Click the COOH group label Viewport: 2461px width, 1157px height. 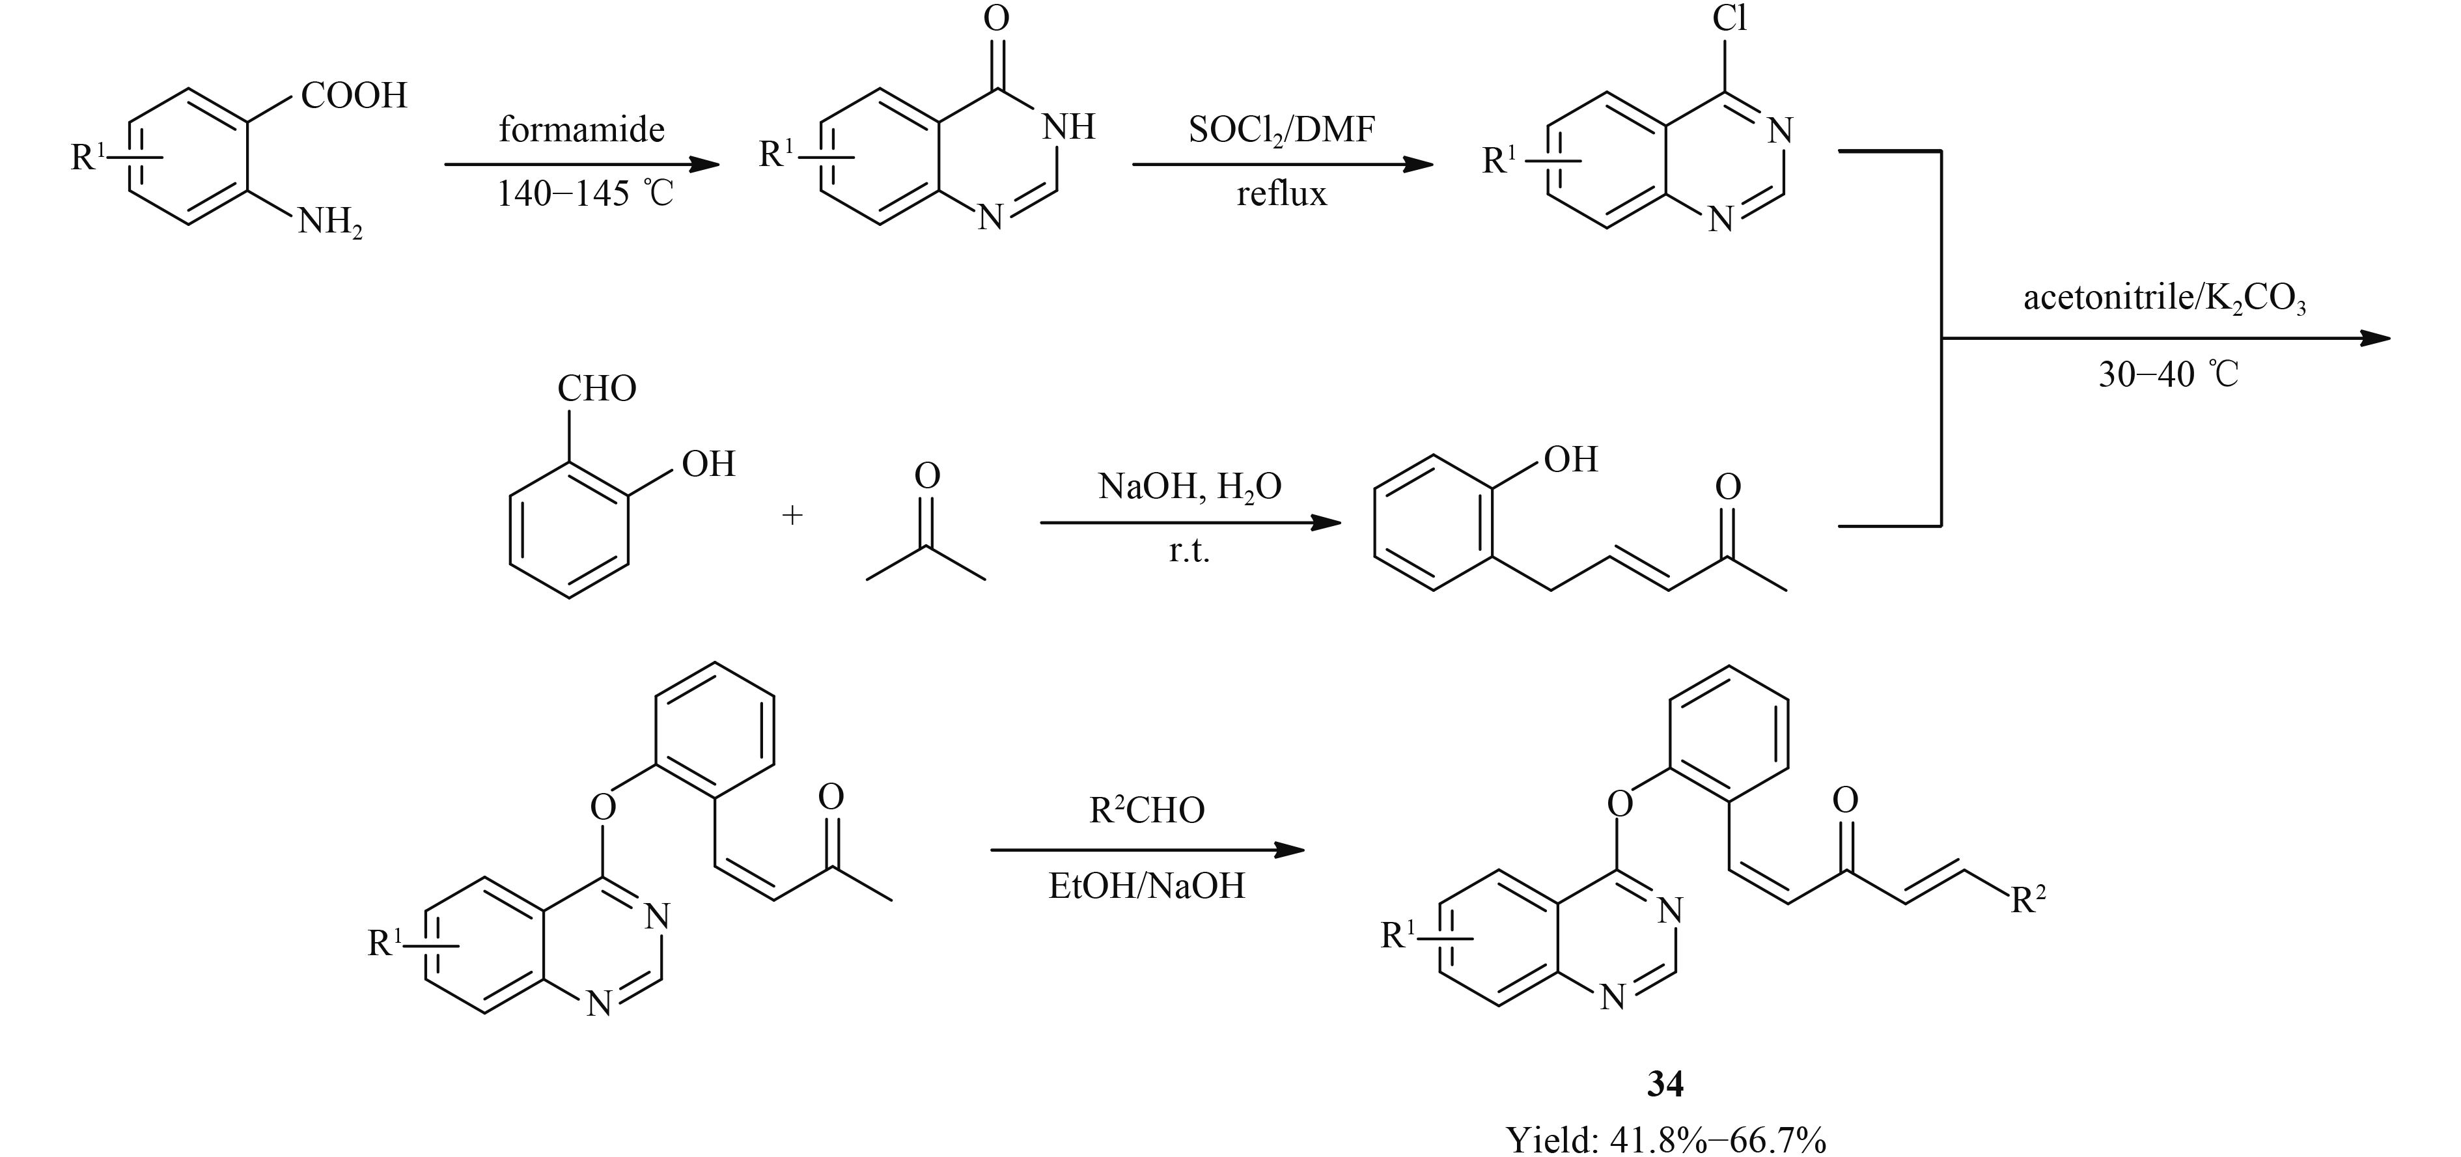[354, 96]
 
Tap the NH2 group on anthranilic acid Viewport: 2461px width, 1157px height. [329, 223]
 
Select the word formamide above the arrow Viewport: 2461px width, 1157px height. [581, 129]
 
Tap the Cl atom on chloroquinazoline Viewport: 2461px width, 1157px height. [1729, 18]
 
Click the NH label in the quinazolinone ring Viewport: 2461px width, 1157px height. [1068, 127]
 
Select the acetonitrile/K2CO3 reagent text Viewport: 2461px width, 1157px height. [2165, 299]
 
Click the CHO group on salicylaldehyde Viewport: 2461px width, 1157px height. [596, 389]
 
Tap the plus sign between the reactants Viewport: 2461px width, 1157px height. [792, 516]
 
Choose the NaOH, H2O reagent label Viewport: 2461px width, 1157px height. [1189, 486]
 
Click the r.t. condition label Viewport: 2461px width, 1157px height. [1189, 551]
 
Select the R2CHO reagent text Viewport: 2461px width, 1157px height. [1147, 810]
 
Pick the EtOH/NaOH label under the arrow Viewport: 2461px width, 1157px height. [1147, 885]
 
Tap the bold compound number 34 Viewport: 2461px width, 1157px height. [1665, 1083]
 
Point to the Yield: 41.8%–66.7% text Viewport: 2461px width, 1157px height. [1665, 1139]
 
